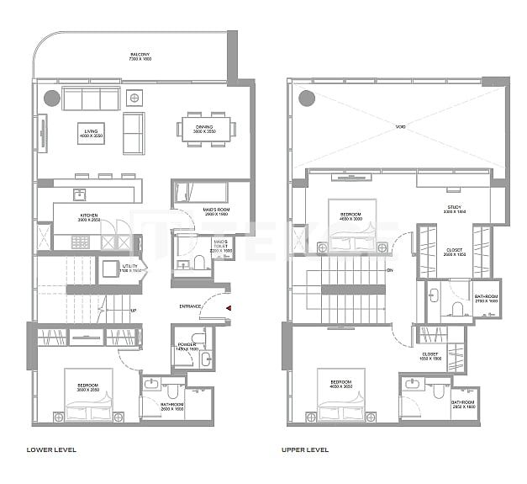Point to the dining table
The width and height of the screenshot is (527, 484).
[206, 129]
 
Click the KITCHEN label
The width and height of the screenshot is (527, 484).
[89, 216]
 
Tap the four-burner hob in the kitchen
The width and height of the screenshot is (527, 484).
[80, 242]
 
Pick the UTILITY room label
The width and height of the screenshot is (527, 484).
[110, 269]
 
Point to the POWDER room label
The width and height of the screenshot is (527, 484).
[187, 345]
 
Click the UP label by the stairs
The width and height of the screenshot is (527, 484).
[134, 311]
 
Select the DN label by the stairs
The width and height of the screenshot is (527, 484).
[390, 270]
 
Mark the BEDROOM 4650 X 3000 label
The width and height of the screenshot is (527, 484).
[350, 216]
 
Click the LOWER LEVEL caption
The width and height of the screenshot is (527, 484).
[53, 450]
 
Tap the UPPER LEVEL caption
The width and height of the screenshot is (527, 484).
[305, 450]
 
